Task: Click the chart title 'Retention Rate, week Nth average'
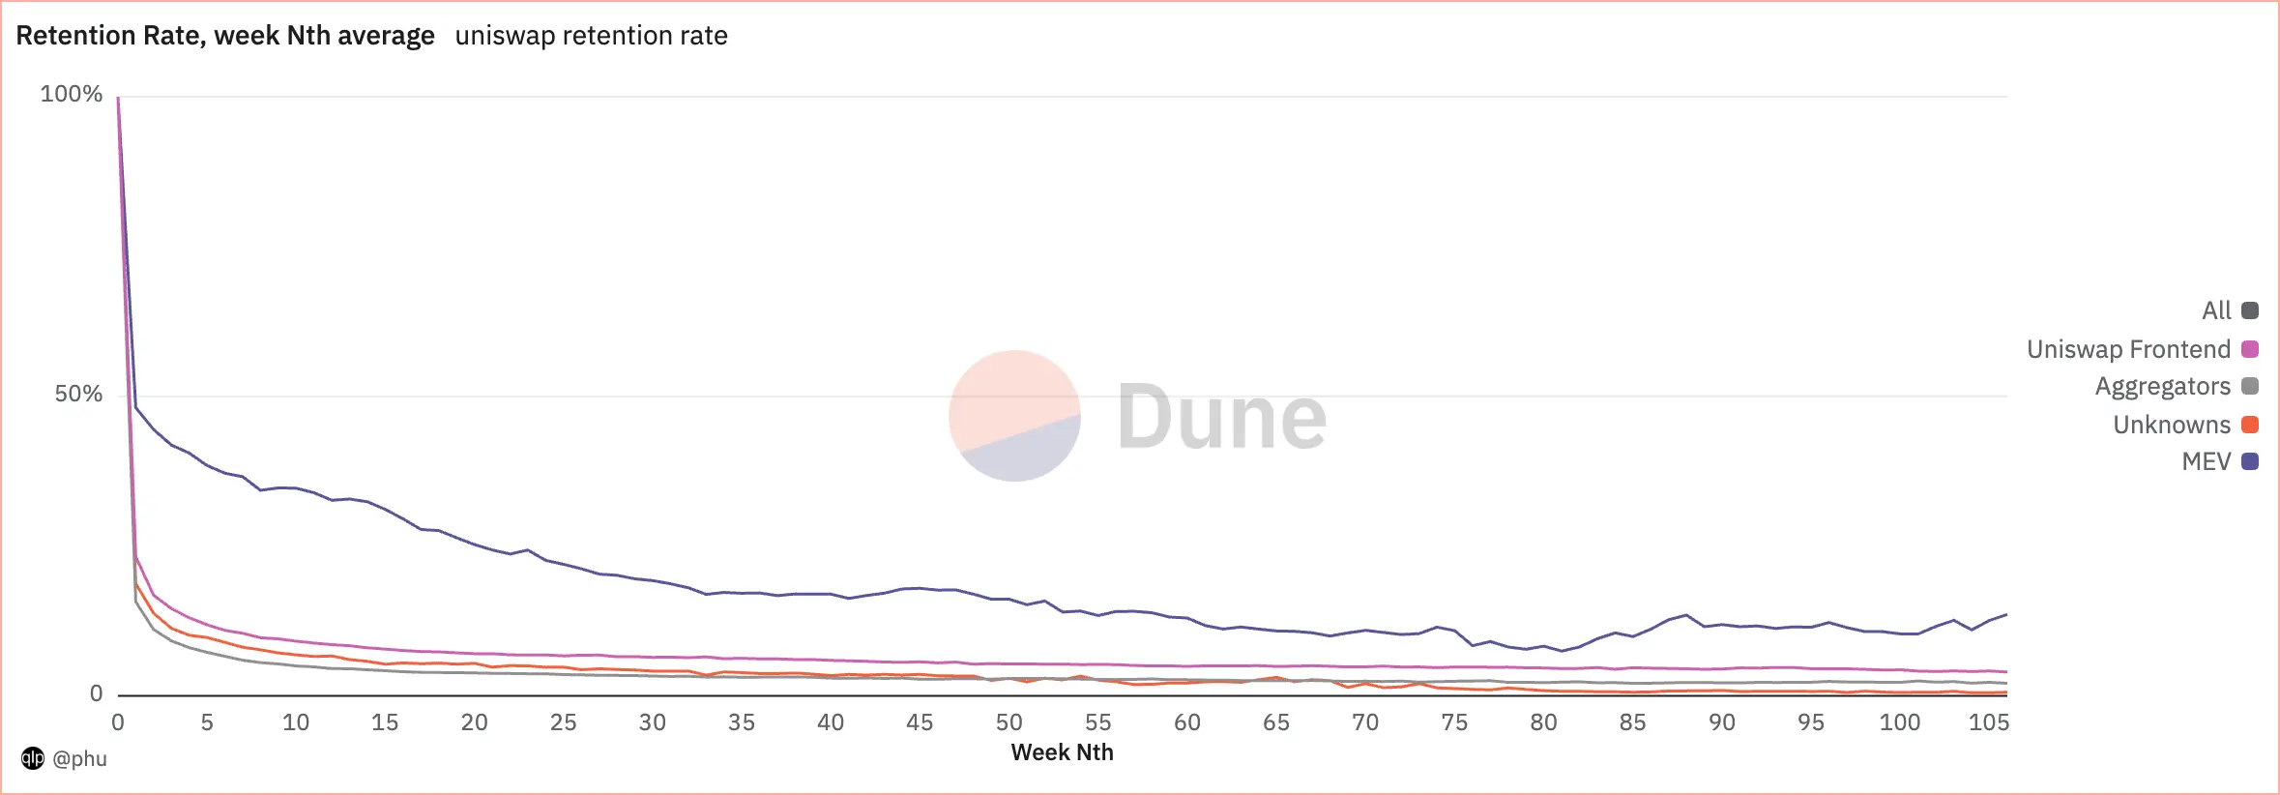[x=225, y=36]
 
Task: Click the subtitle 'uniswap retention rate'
[x=591, y=36]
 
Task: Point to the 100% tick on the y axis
[x=71, y=94]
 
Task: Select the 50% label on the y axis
[x=77, y=394]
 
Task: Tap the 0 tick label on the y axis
[x=96, y=693]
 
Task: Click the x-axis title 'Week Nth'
[x=1062, y=752]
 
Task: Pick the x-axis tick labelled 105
[x=1988, y=722]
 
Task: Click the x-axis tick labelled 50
[x=1008, y=722]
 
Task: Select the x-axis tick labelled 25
[x=563, y=722]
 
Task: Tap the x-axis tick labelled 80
[x=1543, y=722]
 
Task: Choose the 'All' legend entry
[x=2216, y=310]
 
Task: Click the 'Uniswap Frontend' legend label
[x=2128, y=349]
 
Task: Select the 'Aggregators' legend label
[x=2162, y=386]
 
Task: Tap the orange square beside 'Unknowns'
[x=2250, y=425]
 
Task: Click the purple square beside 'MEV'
[x=2250, y=461]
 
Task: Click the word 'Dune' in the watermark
[x=1221, y=417]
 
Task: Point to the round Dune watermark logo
[x=1014, y=416]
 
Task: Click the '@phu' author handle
[x=79, y=758]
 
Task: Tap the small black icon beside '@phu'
[x=33, y=758]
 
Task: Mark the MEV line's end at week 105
[x=2006, y=614]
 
